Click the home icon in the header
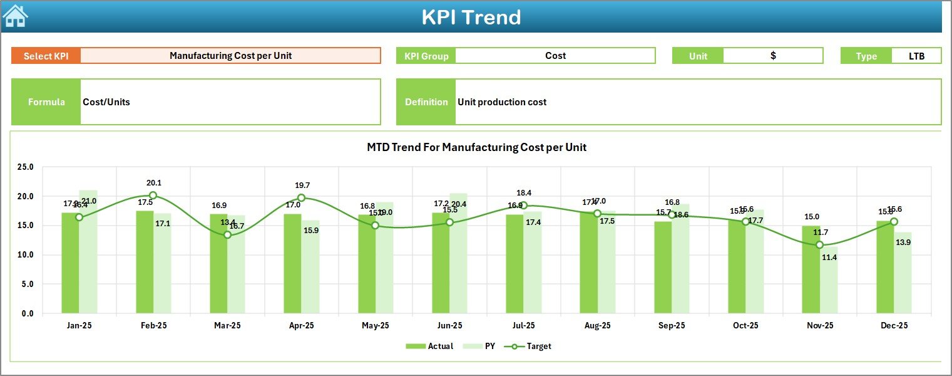click(x=16, y=16)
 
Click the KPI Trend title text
click(x=471, y=17)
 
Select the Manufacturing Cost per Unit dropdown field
click(x=230, y=56)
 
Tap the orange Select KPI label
click(x=46, y=56)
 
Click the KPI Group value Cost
click(x=555, y=56)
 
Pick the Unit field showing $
click(x=773, y=56)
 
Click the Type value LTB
click(x=916, y=56)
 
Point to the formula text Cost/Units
click(x=106, y=102)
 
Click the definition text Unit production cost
click(x=502, y=102)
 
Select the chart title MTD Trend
click(x=476, y=147)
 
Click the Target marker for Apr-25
click(x=301, y=198)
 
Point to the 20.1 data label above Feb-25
click(x=154, y=183)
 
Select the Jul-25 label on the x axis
click(x=523, y=326)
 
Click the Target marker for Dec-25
click(x=894, y=222)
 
